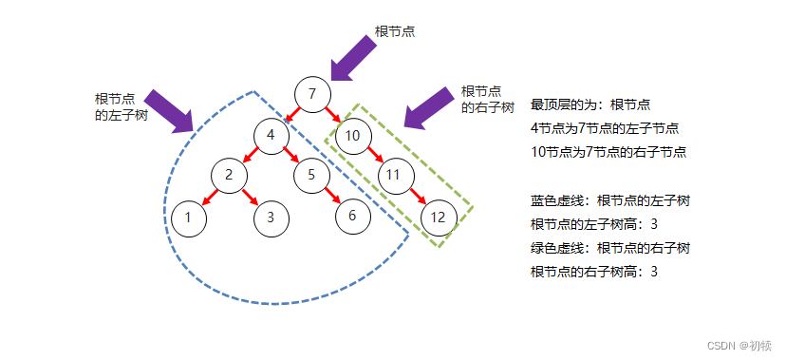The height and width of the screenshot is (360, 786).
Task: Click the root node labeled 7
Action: tap(311, 94)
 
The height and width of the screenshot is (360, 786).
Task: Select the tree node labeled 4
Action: tap(271, 134)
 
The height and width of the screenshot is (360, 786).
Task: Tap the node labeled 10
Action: tap(352, 135)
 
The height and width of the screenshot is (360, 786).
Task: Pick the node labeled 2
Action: tap(229, 175)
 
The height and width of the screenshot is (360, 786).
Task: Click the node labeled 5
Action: tap(310, 175)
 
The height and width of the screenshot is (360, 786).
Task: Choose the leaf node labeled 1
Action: tap(188, 217)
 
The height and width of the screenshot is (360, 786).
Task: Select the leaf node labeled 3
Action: tap(271, 217)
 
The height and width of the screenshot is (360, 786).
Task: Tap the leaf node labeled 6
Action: tap(352, 216)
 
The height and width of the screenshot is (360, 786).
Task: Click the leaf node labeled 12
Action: tap(438, 217)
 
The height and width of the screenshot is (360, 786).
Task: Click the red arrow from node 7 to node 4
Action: tap(291, 114)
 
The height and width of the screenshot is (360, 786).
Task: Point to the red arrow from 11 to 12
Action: tap(417, 196)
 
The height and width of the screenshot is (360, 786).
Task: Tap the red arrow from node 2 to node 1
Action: tap(209, 196)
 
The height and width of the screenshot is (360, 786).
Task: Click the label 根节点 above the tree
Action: tap(395, 31)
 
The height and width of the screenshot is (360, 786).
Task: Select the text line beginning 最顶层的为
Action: tap(589, 104)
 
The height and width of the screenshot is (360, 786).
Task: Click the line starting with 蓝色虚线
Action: tap(609, 200)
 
